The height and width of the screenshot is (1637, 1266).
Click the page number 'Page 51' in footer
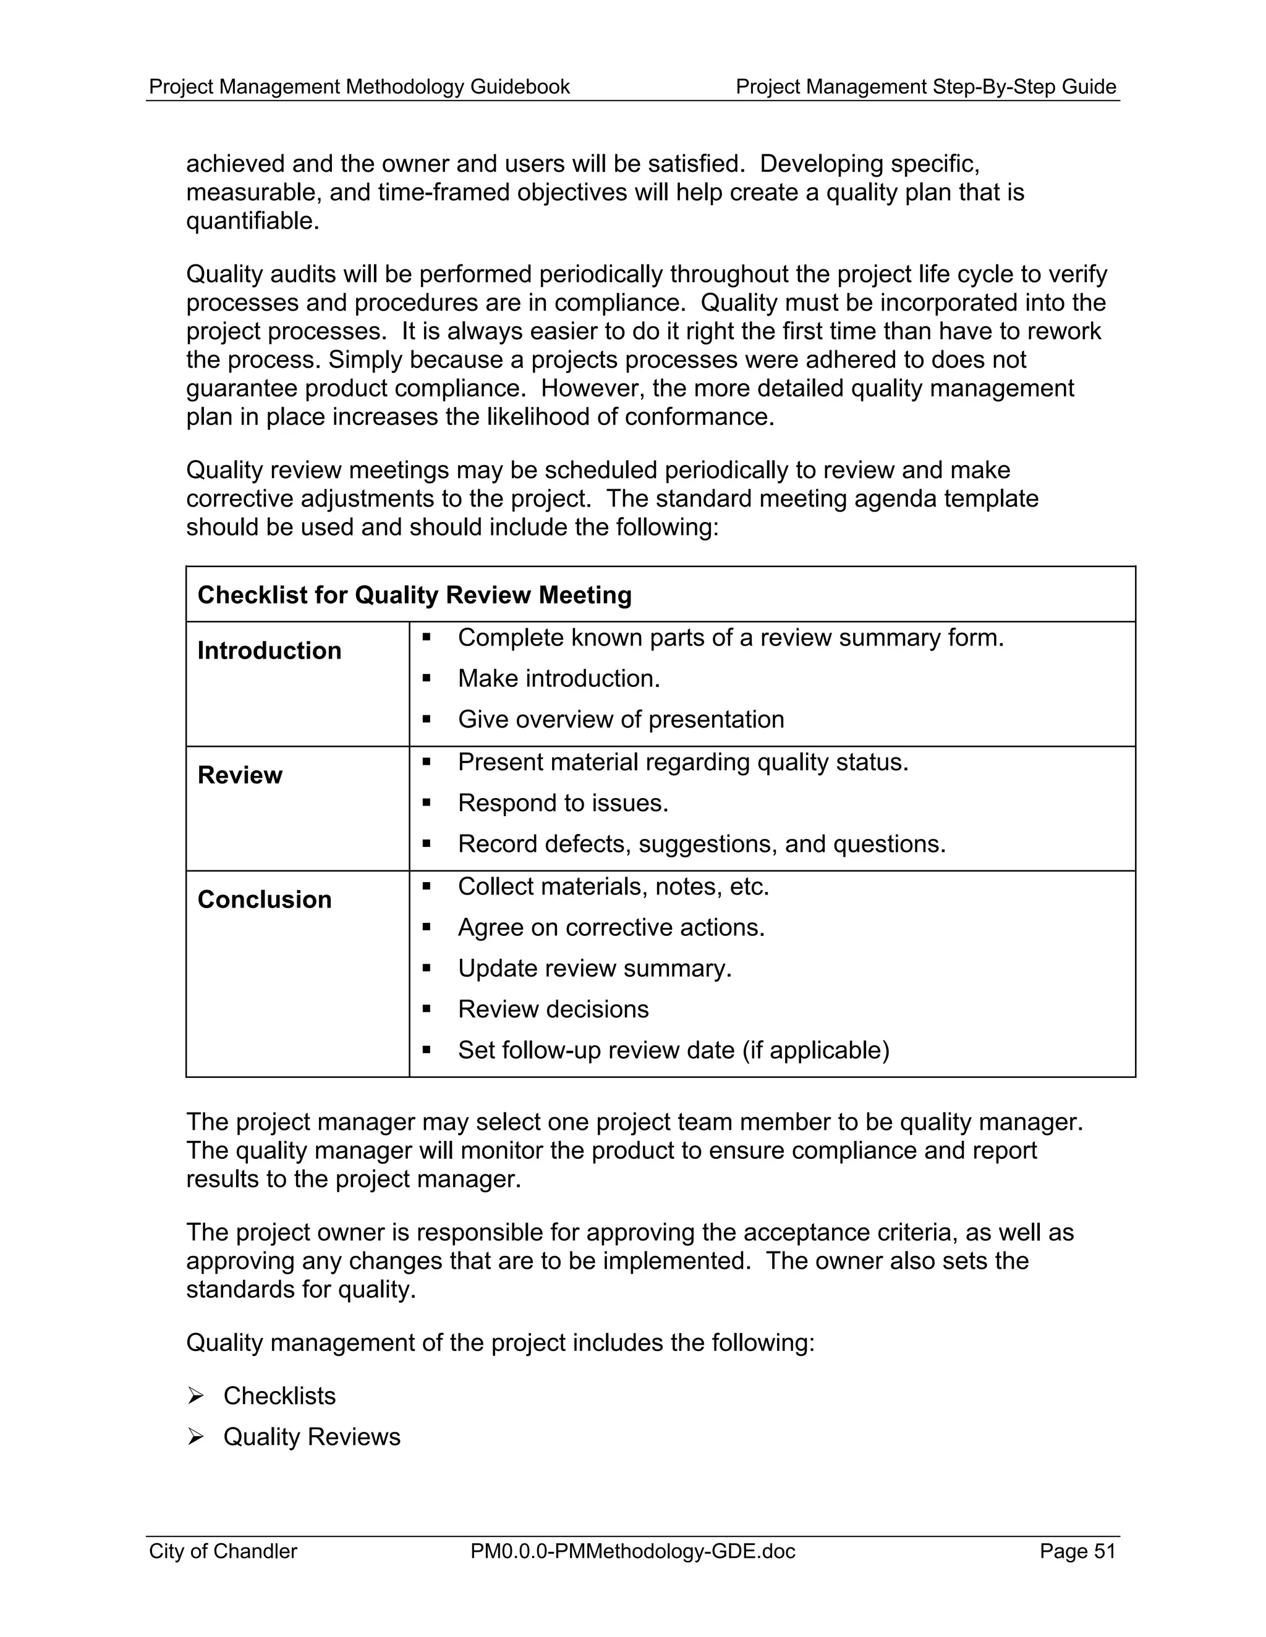pos(1077,1551)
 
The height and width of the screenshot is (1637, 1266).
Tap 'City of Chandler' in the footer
pos(223,1551)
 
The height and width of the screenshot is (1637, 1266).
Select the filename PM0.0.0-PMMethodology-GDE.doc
pos(632,1551)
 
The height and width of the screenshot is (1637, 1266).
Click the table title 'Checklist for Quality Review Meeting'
pos(414,595)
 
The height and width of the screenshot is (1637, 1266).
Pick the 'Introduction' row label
pos(270,650)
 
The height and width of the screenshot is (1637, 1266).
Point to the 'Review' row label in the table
pos(240,775)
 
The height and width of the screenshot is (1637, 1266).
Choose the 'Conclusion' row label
pos(264,899)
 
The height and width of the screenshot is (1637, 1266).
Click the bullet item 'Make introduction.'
pos(559,679)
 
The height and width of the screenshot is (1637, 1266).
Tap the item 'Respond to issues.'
pos(563,804)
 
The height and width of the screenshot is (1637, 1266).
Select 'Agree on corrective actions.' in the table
pos(611,928)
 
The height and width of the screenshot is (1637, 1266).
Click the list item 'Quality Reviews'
pos(312,1437)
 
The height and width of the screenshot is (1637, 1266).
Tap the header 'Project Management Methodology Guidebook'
pos(359,87)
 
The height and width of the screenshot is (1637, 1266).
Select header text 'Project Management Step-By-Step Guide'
pos(925,87)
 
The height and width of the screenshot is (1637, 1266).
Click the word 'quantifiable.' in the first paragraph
pos(253,221)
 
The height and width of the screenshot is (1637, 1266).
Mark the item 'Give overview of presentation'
pos(620,720)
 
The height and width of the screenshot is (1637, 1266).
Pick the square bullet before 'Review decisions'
pos(426,1009)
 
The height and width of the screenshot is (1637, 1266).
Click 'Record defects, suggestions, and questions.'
pos(701,844)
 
